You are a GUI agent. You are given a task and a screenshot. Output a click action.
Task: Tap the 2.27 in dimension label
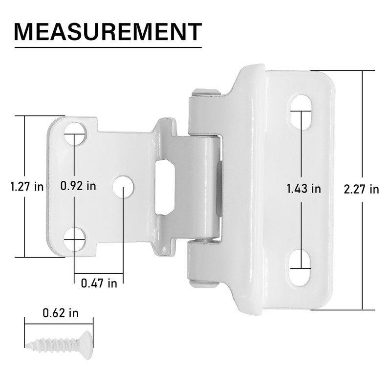pos(361,189)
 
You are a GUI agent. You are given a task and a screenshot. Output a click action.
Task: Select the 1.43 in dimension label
pos(304,189)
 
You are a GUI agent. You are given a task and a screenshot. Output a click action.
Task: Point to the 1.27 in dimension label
pos(27,186)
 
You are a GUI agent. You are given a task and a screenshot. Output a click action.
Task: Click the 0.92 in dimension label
pos(78,186)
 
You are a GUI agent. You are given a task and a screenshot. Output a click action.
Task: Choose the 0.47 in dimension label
pos(99,282)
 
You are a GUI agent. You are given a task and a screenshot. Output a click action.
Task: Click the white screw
pos(59,344)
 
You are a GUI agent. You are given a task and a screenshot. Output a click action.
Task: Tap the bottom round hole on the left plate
pos(74,239)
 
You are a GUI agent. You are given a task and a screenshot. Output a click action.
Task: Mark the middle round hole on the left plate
pos(123,188)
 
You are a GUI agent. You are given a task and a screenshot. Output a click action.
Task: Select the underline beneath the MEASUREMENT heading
pos(108,47)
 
